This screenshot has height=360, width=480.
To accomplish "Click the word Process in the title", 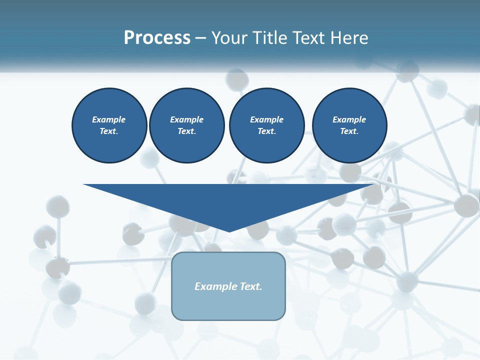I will (157, 38).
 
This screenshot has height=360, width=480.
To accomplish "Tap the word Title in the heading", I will (270, 38).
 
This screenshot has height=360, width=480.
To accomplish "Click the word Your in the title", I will (230, 38).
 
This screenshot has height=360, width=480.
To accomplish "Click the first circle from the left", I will (109, 125).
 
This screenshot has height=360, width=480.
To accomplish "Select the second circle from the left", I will (186, 125).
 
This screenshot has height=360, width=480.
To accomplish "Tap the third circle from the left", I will (266, 125).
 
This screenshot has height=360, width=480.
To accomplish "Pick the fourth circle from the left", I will (349, 125).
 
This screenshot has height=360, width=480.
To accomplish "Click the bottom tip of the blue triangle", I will (229, 230).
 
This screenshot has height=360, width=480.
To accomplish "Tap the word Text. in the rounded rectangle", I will (251, 286).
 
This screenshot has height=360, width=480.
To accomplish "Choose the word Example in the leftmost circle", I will (109, 119).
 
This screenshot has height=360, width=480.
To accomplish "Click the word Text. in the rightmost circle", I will (349, 131).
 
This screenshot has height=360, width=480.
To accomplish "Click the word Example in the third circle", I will (266, 119).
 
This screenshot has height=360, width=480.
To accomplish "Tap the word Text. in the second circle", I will (186, 131).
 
